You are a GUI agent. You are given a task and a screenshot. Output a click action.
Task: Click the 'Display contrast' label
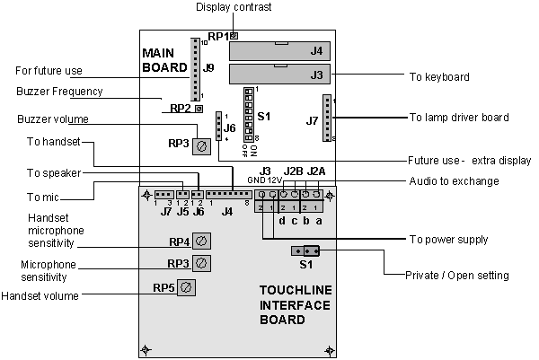tap(233, 8)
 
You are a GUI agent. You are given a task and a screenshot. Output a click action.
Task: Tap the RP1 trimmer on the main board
tap(234, 36)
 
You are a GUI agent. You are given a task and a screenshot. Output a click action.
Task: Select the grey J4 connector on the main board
tap(279, 51)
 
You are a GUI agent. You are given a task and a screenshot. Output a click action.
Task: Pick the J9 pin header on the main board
tap(193, 69)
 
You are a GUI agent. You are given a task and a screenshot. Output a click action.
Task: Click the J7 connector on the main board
tap(328, 117)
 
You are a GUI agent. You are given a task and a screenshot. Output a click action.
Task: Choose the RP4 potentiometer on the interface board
tap(203, 241)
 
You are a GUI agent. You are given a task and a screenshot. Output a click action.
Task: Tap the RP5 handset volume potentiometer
tap(185, 287)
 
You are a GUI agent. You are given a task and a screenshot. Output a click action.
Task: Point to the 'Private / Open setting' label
tap(458, 275)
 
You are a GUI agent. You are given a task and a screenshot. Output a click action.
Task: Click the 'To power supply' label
tap(448, 240)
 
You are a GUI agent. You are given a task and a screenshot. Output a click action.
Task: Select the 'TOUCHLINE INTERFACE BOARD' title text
tap(296, 305)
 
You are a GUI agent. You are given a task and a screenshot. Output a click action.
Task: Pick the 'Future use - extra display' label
tap(469, 161)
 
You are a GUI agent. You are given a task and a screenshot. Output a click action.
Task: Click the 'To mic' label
tap(40, 196)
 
